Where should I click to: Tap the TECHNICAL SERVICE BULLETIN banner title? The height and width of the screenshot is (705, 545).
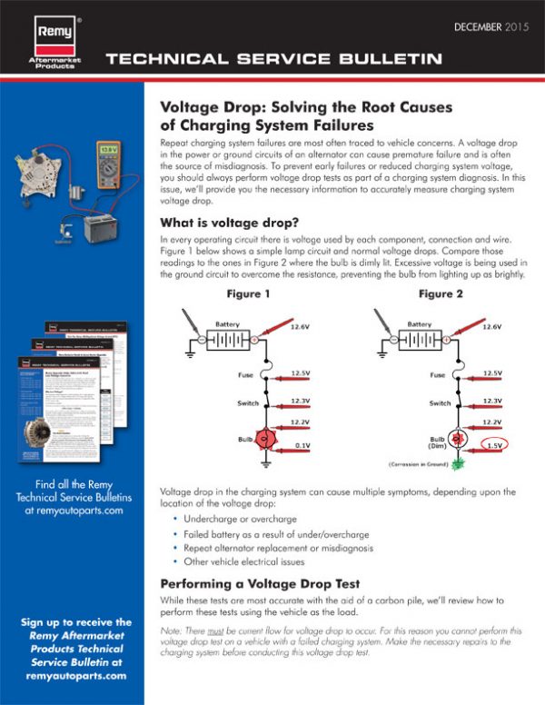point(273,60)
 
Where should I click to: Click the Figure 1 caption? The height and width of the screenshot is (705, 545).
point(247,294)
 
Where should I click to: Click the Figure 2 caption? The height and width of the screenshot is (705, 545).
point(441,294)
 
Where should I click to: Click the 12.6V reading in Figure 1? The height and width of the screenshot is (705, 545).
point(301,327)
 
